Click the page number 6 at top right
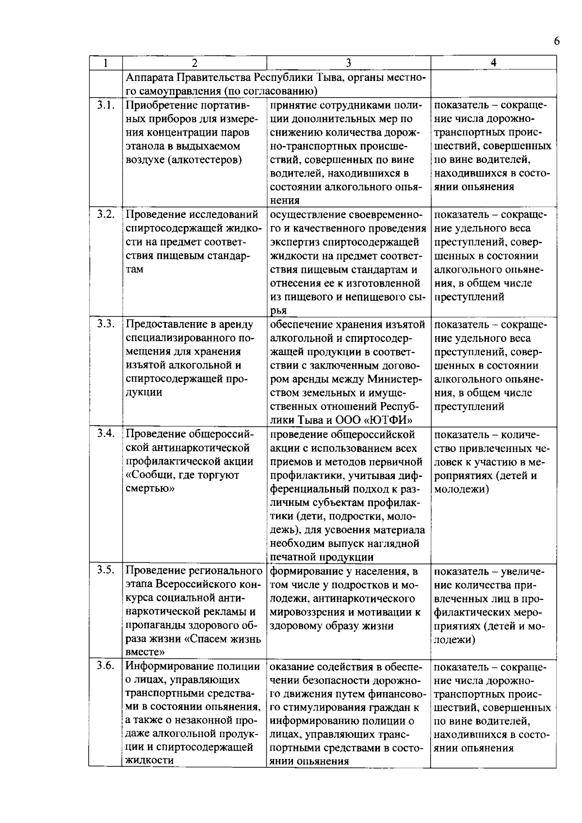pos(556,41)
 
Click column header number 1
pos(105,63)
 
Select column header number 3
pos(348,63)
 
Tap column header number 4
pos(493,63)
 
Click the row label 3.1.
pos(105,105)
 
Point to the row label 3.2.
pos(105,214)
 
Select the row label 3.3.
pos(105,324)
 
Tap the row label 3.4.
pos(105,434)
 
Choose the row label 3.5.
pos(105,570)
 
